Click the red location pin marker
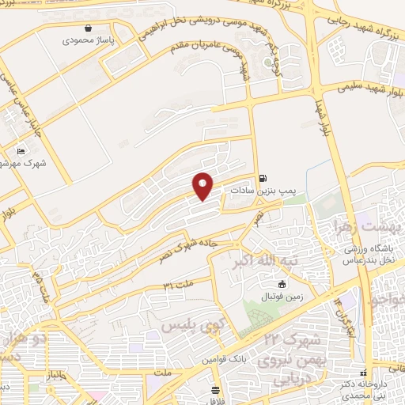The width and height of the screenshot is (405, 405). point(203,186)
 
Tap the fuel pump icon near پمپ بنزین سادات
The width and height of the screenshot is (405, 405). point(262,178)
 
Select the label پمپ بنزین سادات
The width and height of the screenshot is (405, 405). point(263,191)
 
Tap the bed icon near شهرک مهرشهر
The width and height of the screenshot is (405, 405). point(21,151)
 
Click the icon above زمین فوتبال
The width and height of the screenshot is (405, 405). point(282,285)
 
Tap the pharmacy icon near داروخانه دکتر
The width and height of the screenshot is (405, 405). point(363,373)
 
